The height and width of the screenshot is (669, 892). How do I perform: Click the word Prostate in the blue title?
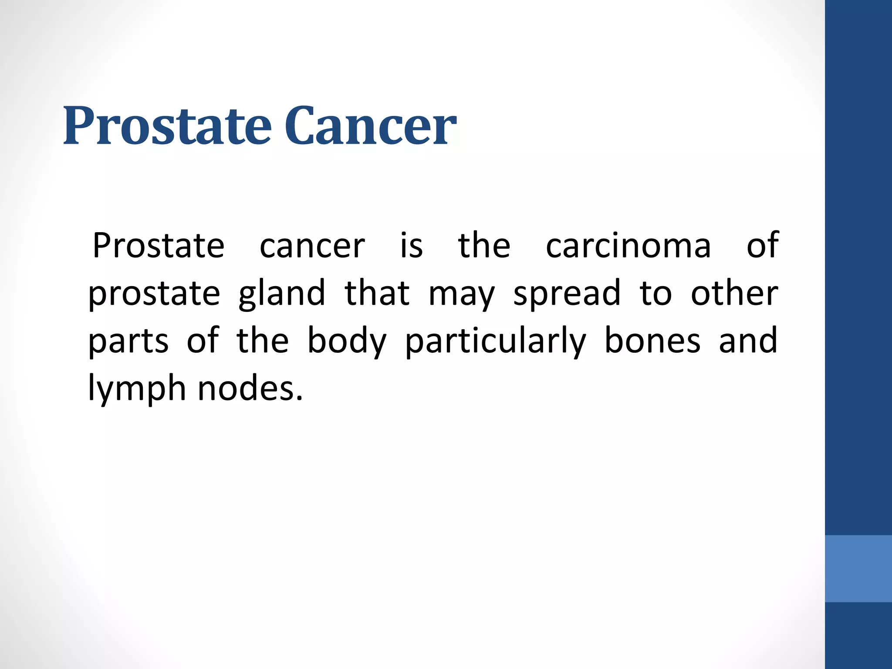click(x=168, y=126)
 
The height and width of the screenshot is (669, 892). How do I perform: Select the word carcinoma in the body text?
click(x=628, y=246)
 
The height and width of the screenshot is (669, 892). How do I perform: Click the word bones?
click(x=652, y=341)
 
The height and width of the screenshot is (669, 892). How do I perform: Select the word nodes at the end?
click(x=250, y=388)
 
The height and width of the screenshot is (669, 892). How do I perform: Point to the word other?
click(x=734, y=293)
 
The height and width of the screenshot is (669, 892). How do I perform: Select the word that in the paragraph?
click(x=377, y=293)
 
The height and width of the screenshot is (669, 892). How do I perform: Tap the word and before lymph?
click(x=748, y=341)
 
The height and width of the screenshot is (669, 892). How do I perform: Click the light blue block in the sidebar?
click(x=858, y=568)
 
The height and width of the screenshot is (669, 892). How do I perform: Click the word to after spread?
click(x=655, y=294)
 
